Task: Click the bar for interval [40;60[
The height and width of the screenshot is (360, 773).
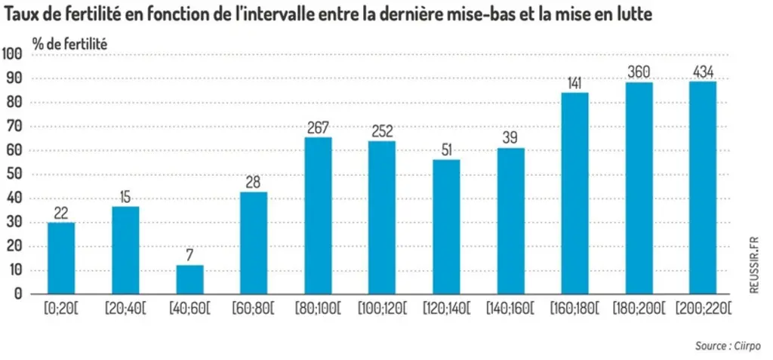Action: pyautogui.click(x=189, y=279)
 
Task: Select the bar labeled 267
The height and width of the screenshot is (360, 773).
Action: pyautogui.click(x=318, y=216)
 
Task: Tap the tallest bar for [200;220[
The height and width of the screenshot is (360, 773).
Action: pyautogui.click(x=703, y=188)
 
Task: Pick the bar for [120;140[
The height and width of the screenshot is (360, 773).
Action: pyautogui.click(x=446, y=227)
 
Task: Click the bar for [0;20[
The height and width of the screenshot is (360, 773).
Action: pyautogui.click(x=61, y=258)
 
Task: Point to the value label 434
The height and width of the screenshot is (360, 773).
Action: pyautogui.click(x=703, y=73)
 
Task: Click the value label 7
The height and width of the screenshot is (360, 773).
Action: pyautogui.click(x=189, y=256)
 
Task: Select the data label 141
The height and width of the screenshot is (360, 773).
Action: pyautogui.click(x=574, y=83)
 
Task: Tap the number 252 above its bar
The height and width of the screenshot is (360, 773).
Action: pyautogui.click(x=382, y=131)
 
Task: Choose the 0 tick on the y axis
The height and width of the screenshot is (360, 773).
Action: pyautogui.click(x=19, y=294)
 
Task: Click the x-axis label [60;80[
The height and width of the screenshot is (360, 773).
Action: pyautogui.click(x=253, y=309)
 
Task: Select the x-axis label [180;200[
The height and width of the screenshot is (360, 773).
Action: pyautogui.click(x=639, y=309)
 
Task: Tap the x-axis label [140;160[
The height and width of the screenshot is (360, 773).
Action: pyautogui.click(x=510, y=309)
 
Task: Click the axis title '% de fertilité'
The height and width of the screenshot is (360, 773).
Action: pyautogui.click(x=70, y=44)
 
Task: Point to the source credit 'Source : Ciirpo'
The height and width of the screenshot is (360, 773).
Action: pyautogui.click(x=728, y=346)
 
